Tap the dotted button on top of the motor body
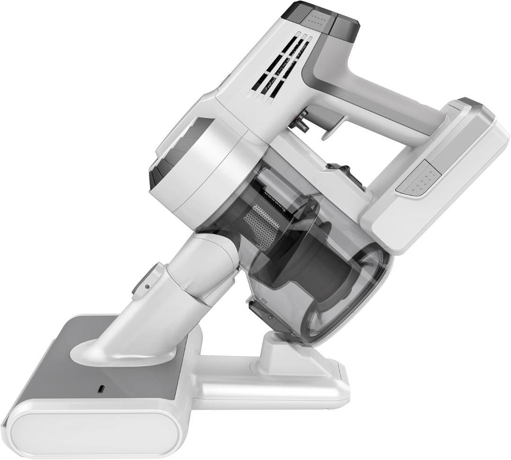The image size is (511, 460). tap(315, 19)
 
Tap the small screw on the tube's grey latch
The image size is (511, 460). tap(148, 286)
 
